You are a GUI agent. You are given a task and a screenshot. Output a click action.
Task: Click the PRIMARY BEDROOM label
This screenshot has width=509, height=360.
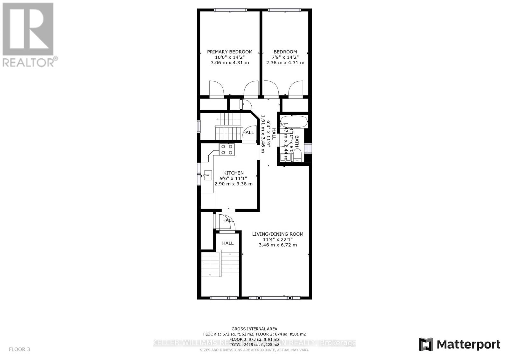[230, 52]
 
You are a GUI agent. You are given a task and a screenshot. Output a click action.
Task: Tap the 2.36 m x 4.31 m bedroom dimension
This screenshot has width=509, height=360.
[285, 63]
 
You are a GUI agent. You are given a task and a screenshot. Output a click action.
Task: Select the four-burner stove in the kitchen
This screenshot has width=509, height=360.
[227, 149]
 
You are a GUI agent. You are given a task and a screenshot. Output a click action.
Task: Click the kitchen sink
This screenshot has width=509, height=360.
[208, 175]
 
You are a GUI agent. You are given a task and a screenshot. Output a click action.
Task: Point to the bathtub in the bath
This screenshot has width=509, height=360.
[293, 122]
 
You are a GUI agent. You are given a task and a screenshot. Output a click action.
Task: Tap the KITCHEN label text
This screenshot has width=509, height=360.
[233, 173]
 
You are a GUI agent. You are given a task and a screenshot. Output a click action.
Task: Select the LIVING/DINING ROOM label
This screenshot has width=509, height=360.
[277, 234]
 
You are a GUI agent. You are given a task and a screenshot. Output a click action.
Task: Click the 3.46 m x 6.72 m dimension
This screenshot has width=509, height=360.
[277, 245]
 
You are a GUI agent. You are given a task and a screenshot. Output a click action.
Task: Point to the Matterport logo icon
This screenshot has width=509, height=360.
[426, 344]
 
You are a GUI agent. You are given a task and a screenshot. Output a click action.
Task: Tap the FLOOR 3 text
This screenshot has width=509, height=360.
[19, 349]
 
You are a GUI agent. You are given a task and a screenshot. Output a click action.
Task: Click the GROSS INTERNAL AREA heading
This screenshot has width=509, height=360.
[254, 329]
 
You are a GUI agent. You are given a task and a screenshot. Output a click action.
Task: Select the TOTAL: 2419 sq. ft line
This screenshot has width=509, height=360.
[254, 344]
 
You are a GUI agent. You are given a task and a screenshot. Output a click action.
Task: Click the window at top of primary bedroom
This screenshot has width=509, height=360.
[230, 10]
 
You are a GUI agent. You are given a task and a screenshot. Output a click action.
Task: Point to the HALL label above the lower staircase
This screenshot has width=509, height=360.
[228, 243]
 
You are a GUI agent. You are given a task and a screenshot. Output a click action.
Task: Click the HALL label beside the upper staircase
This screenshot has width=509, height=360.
[248, 132]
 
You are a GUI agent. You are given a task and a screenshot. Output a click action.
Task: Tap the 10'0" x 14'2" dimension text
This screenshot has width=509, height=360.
[230, 57]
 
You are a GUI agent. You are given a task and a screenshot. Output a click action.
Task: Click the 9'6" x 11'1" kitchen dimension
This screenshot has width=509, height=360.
[233, 178]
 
